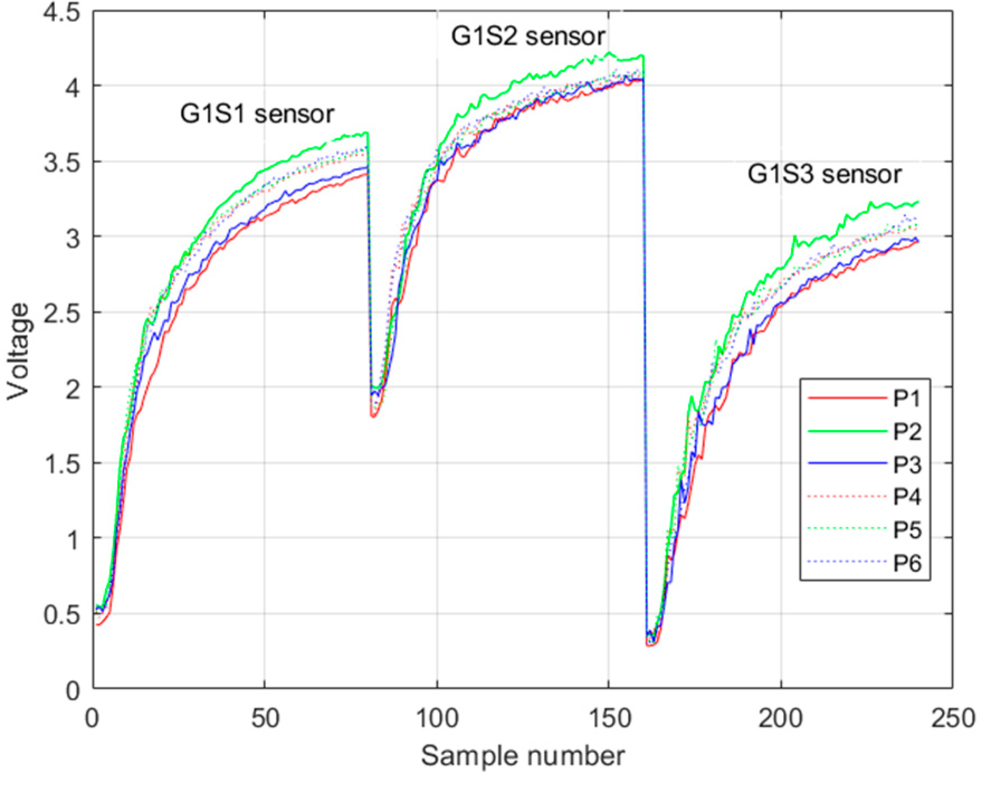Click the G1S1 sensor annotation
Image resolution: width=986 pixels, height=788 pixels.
pyautogui.click(x=257, y=114)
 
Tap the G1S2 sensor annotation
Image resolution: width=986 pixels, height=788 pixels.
pyautogui.click(x=528, y=36)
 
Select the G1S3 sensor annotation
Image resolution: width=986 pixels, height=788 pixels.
pyautogui.click(x=825, y=175)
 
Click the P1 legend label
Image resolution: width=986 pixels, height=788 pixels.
pyautogui.click(x=907, y=399)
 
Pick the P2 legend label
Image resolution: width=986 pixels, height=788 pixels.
pyautogui.click(x=907, y=432)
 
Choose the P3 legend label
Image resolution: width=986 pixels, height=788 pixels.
pyautogui.click(x=907, y=465)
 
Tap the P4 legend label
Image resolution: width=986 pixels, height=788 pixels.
pyautogui.click(x=907, y=496)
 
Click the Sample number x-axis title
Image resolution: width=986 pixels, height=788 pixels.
pyautogui.click(x=523, y=756)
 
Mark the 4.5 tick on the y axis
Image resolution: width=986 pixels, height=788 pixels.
pyautogui.click(x=61, y=12)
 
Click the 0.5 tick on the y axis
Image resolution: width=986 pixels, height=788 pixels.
pyautogui.click(x=61, y=615)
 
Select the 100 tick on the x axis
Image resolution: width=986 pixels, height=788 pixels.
pyautogui.click(x=437, y=718)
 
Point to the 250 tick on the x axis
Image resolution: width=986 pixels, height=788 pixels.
pyautogui.click(x=952, y=718)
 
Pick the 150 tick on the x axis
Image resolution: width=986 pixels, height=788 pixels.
pyautogui.click(x=609, y=718)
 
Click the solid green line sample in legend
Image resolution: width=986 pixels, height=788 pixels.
pyautogui.click(x=847, y=432)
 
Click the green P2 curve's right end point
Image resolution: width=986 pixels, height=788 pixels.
pyautogui.click(x=918, y=202)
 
